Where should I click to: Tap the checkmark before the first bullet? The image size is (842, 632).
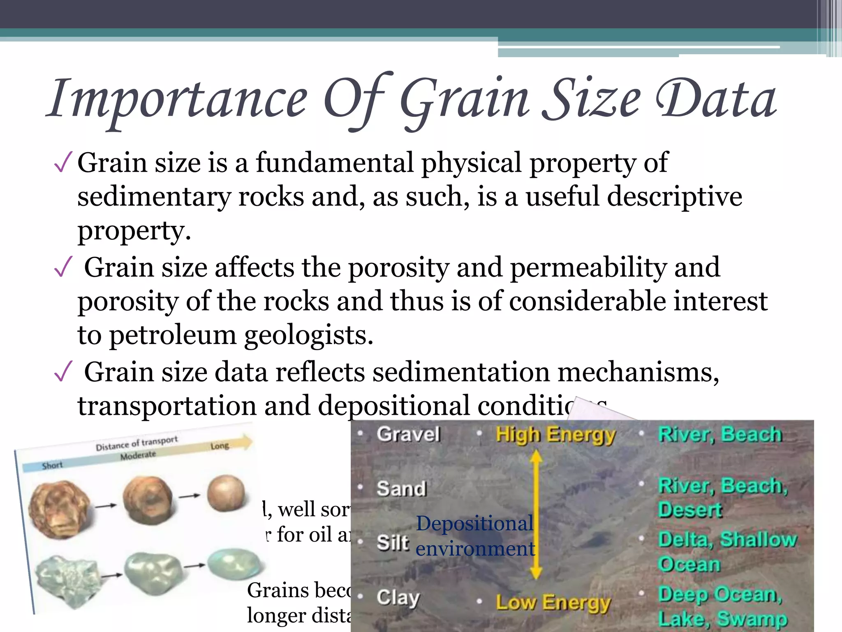pos(63,163)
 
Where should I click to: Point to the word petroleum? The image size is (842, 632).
pos(173,335)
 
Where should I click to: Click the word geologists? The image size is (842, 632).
pos(308,335)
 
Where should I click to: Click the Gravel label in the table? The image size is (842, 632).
pos(408,434)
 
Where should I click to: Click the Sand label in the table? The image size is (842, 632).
pos(402,489)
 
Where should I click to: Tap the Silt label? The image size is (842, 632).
pos(393,542)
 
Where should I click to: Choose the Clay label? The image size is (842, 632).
pos(398,597)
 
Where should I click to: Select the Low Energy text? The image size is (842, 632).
pos(553,603)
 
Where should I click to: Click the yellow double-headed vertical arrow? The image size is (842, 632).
pos(536,514)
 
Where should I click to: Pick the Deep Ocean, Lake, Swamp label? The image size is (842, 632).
pos(722,606)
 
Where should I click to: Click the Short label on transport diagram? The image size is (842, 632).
pos(52,465)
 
